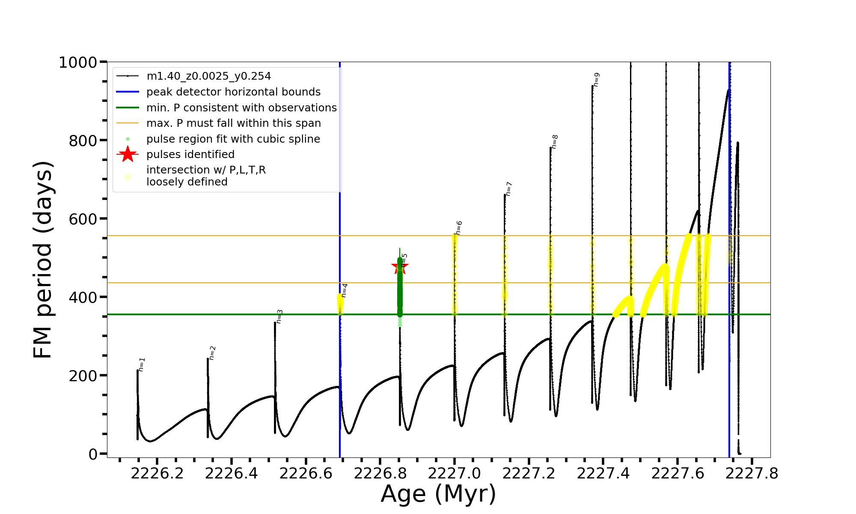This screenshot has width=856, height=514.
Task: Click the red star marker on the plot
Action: [400, 266]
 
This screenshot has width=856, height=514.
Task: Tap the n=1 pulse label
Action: [142, 364]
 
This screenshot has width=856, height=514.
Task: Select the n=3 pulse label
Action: [279, 316]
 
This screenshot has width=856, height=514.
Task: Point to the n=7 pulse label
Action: [508, 188]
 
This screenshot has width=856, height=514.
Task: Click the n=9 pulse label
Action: [596, 79]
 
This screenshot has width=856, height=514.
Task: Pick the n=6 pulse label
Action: [459, 227]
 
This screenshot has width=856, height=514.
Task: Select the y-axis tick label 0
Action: [93, 454]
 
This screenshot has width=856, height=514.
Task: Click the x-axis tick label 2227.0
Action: [455, 473]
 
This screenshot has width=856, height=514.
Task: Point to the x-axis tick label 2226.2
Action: [157, 473]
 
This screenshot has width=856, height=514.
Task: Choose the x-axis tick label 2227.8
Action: [752, 473]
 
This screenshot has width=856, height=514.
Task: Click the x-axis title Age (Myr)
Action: [438, 494]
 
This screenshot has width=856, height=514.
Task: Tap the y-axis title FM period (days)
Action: [43, 260]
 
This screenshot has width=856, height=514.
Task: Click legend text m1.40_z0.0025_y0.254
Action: [208, 76]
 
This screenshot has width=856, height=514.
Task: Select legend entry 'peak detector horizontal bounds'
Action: [233, 92]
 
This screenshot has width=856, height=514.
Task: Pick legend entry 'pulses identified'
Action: [190, 155]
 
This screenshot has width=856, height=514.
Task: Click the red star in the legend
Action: [128, 154]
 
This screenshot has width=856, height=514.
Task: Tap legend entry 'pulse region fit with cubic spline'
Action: [233, 139]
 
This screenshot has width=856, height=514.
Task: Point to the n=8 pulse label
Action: [555, 141]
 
